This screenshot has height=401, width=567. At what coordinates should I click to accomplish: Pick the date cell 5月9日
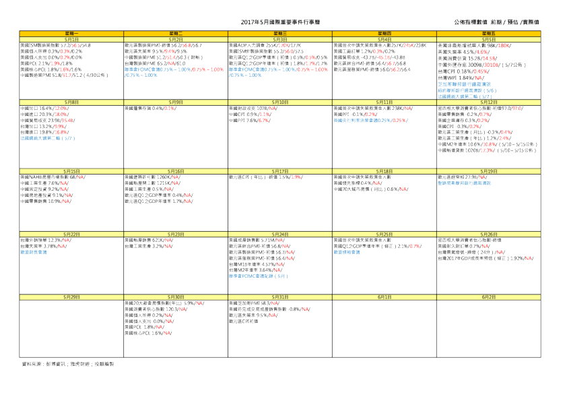tap(176, 101)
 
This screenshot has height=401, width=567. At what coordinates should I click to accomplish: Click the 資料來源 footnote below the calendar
tap(68, 364)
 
